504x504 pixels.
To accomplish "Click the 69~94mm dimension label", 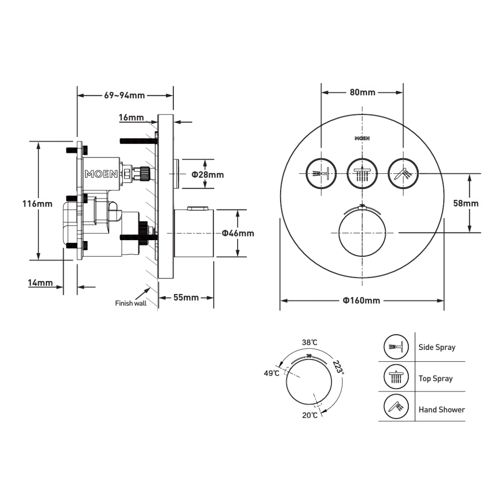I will [124, 95].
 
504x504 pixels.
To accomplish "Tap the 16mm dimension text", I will [131, 118].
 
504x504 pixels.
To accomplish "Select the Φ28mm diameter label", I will [207, 174].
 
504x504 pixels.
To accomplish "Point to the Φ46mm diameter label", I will [238, 233].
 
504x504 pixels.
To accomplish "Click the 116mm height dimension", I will [38, 204].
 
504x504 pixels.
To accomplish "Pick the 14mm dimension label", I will [40, 283].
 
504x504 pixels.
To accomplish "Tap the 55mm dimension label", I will [186, 298].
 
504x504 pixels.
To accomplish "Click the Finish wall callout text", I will [131, 303].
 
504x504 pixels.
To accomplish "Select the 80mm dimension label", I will [362, 92].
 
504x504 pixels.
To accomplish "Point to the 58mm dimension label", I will [466, 203].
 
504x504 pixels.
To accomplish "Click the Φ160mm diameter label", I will [361, 300].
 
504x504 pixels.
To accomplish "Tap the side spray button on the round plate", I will [321, 173].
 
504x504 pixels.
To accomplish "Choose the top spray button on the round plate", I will [362, 173].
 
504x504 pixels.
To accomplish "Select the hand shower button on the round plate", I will [403, 173].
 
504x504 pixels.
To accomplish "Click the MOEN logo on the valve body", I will [101, 174].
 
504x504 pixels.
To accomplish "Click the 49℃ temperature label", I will [271, 373].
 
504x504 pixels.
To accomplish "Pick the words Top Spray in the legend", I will [436, 378].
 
